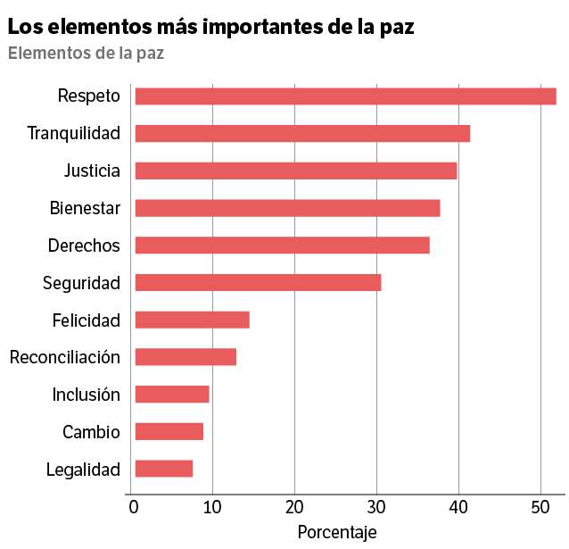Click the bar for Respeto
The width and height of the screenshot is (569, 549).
pyautogui.click(x=346, y=96)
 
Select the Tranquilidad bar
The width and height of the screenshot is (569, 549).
pyautogui.click(x=302, y=133)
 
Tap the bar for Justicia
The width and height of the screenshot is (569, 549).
pyautogui.click(x=296, y=171)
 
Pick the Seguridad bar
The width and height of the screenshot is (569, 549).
pyautogui.click(x=259, y=283)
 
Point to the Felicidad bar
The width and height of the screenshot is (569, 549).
pyautogui.click(x=193, y=320)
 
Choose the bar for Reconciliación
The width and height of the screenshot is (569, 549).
pyautogui.click(x=186, y=357)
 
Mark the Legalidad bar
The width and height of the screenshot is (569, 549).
pyautogui.click(x=164, y=469)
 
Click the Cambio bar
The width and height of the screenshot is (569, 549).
pyautogui.click(x=169, y=432)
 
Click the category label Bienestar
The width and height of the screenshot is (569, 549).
pyautogui.click(x=85, y=208)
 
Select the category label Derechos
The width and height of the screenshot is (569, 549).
pyautogui.click(x=84, y=245)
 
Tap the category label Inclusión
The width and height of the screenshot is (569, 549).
pyautogui.click(x=86, y=395)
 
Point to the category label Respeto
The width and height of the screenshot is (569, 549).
pyautogui.click(x=89, y=96)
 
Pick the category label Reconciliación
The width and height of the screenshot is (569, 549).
pyautogui.click(x=65, y=357)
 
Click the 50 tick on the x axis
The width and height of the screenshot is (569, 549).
pyautogui.click(x=540, y=507)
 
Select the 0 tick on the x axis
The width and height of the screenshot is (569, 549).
pyautogui.click(x=134, y=507)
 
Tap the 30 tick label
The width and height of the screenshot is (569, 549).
pyautogui.click(x=376, y=507)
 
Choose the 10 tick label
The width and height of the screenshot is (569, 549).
pyautogui.click(x=212, y=507)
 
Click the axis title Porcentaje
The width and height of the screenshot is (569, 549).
pyautogui.click(x=337, y=533)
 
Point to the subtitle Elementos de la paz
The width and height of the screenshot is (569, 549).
pyautogui.click(x=86, y=53)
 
